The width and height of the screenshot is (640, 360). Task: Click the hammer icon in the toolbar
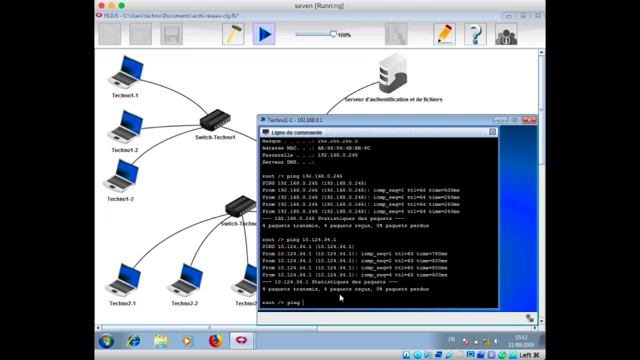tap(233, 34)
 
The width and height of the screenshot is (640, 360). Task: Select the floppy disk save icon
tap(171, 34)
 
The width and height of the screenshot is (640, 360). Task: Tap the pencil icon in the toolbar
tap(444, 34)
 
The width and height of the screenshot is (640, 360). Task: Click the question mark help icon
tap(476, 34)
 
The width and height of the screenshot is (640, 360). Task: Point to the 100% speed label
tap(343, 35)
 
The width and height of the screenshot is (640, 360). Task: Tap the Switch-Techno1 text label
tap(215, 137)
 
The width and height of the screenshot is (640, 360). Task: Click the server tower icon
tap(391, 76)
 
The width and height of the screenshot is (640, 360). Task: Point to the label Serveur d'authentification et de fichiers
tap(391, 100)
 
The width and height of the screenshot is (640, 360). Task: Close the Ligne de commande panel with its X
tap(493, 132)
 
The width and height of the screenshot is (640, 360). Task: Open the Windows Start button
tap(105, 341)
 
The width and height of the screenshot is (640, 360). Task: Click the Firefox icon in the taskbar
tap(214, 341)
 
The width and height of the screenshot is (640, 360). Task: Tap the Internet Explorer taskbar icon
tap(133, 341)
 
